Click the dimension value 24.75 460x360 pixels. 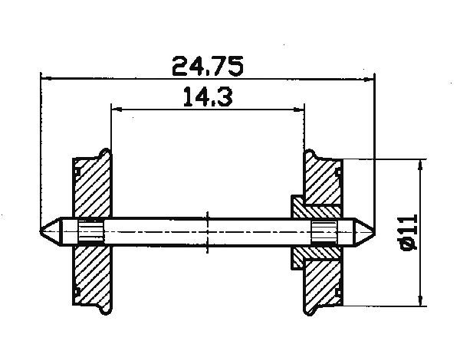click(x=208, y=67)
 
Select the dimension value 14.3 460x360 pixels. click(x=208, y=97)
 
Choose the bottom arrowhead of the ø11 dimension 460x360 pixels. click(x=419, y=299)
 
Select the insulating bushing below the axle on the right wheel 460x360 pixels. click(x=314, y=252)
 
